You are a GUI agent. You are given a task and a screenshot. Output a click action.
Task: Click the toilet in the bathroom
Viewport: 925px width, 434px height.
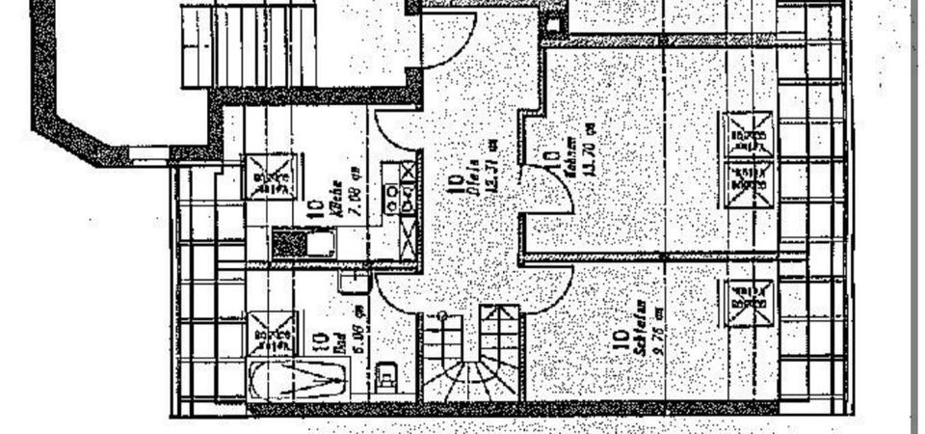tap(387, 371)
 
